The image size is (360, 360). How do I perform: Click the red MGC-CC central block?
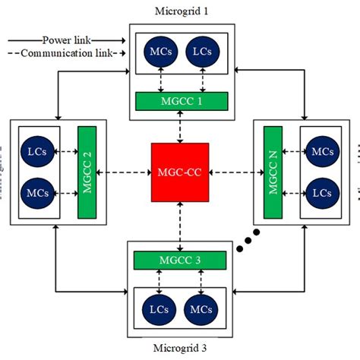tap(180, 172)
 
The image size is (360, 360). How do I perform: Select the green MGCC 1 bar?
tap(181, 99)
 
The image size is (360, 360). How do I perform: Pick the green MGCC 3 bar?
tap(180, 261)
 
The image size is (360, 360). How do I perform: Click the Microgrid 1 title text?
tap(181, 12)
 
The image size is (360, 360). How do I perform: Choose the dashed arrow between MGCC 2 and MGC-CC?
tap(124, 172)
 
